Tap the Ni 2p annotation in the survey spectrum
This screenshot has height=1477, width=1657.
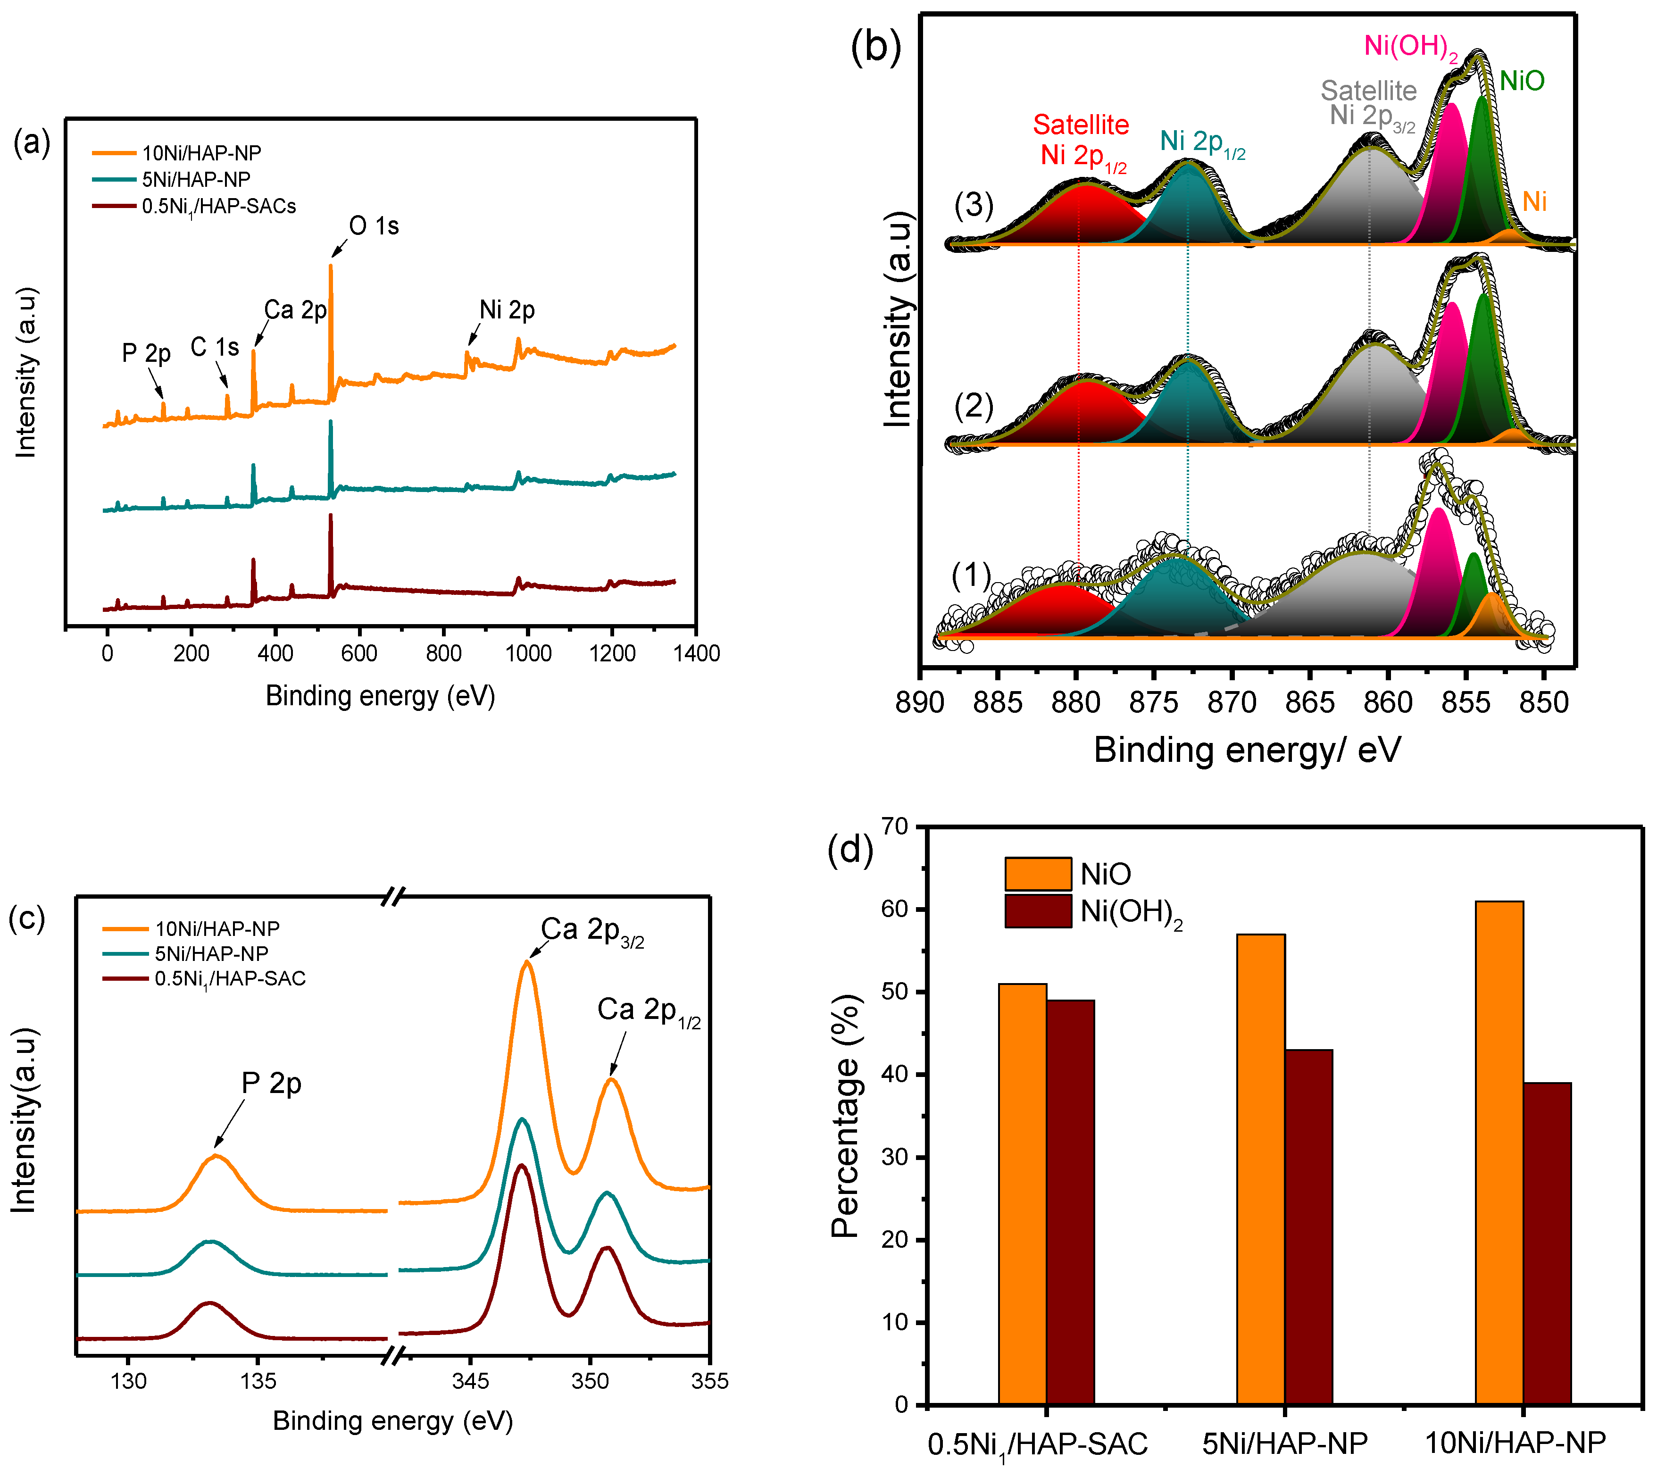(507, 310)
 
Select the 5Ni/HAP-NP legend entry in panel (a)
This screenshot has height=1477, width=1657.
(196, 179)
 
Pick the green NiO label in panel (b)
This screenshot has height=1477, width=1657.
(1522, 81)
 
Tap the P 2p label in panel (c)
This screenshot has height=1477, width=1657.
(271, 1084)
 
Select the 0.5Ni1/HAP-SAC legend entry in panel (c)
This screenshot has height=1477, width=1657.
(230, 979)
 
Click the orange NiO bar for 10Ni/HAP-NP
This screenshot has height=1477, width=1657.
(1499, 1152)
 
